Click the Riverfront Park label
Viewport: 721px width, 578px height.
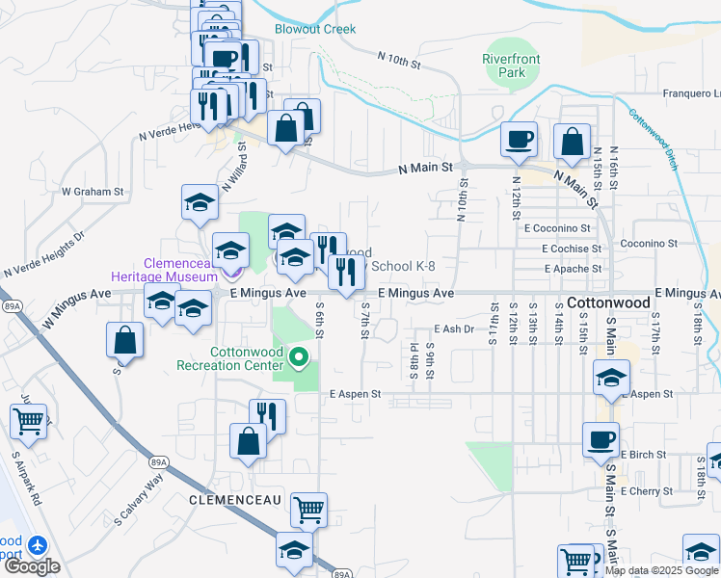coord(510,66)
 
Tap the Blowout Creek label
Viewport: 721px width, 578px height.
coord(314,29)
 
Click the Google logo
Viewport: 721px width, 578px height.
coord(31,566)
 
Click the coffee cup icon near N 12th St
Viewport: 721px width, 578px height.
coord(519,140)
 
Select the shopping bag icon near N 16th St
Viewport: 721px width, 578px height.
coord(573,142)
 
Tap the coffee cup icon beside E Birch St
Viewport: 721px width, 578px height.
coord(601,439)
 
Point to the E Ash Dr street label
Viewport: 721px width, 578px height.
coord(455,328)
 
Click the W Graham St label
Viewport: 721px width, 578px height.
coord(93,192)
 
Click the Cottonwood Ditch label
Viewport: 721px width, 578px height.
coord(654,140)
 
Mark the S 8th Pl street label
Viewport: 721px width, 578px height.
coord(414,360)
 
